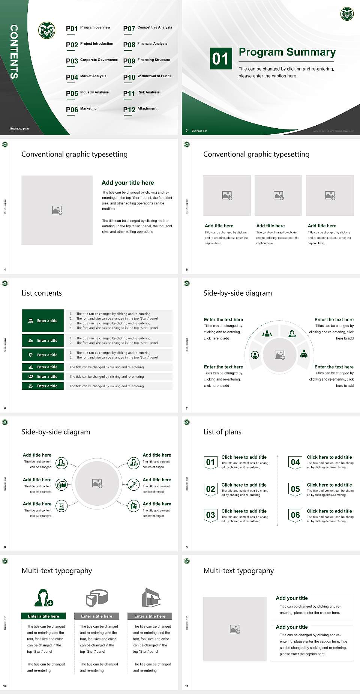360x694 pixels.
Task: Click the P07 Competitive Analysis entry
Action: point(148,28)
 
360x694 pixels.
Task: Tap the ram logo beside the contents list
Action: point(47,30)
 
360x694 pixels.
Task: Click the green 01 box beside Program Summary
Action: point(220,59)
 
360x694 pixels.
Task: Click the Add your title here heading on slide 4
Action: point(127,183)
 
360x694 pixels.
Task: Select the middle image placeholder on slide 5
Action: point(278,195)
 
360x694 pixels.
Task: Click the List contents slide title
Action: point(42,293)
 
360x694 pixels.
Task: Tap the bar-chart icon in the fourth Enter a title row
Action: point(31,367)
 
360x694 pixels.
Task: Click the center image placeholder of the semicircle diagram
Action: point(279,355)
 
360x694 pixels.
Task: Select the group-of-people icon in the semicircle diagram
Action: point(267,333)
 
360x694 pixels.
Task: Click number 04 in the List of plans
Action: point(295,462)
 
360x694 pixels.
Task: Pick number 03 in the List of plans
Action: point(210,515)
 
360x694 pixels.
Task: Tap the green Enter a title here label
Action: point(43,616)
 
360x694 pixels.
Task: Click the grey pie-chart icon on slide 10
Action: point(97,598)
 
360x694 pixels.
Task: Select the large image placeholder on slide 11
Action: point(235,629)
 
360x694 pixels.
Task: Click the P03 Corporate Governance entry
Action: point(92,61)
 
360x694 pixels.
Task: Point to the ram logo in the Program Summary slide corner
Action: point(347,14)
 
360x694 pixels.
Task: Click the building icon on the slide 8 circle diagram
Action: point(133,506)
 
